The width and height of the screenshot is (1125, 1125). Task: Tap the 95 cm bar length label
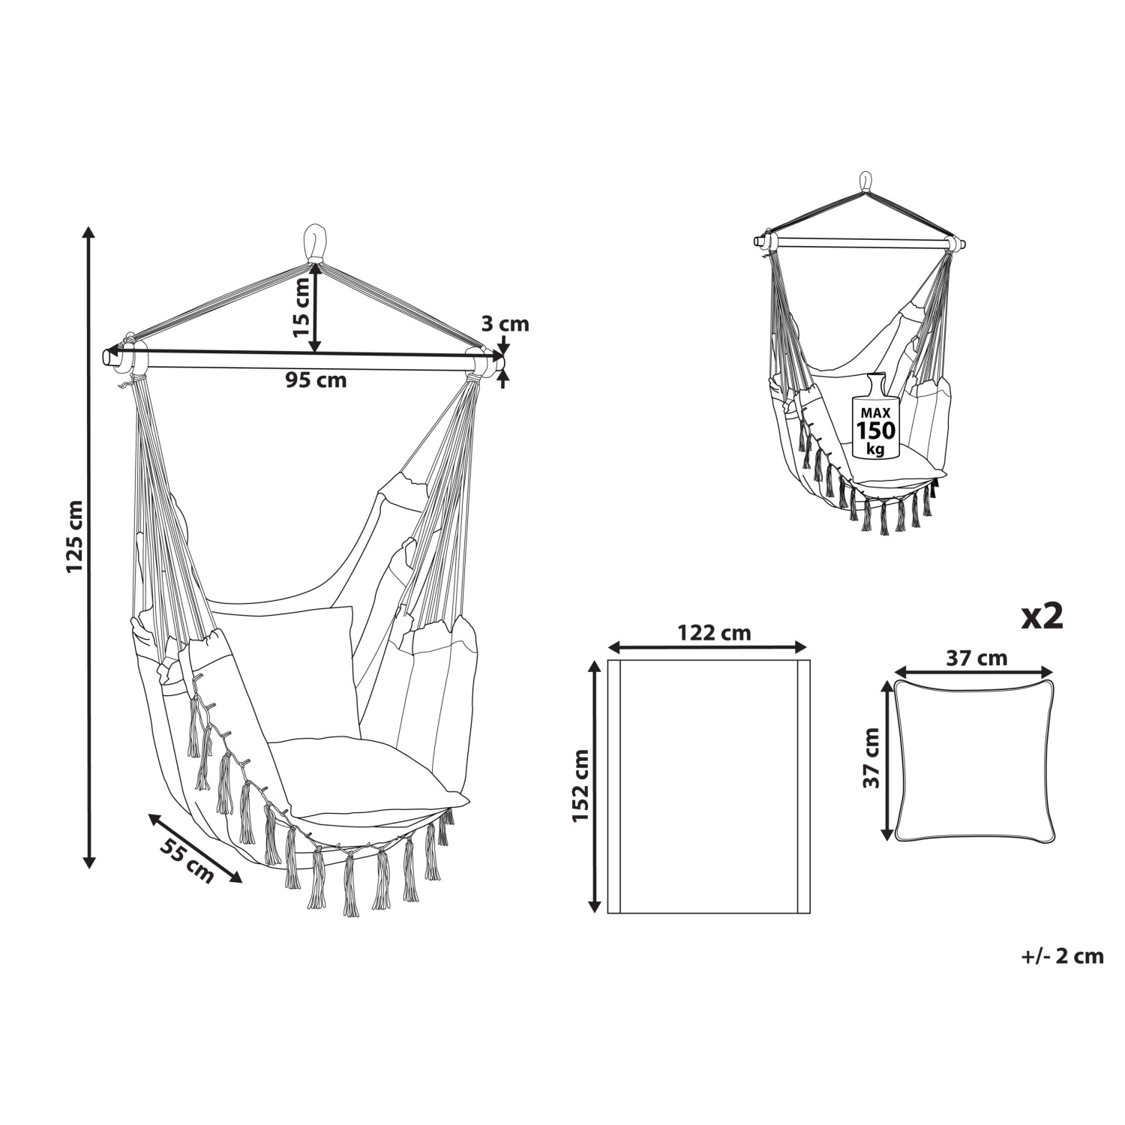point(316,380)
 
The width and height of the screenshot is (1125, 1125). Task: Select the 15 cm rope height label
point(300,306)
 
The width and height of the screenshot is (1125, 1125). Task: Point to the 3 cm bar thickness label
point(504,324)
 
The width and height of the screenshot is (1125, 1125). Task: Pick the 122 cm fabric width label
point(713,633)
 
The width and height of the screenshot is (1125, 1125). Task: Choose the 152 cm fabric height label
point(580,785)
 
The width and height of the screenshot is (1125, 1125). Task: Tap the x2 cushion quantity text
point(1042,616)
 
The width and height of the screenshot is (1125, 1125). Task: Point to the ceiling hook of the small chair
point(865,182)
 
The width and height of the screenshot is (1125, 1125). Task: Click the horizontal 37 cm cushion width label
point(976,658)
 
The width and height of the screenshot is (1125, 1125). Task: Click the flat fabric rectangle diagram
point(708,786)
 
